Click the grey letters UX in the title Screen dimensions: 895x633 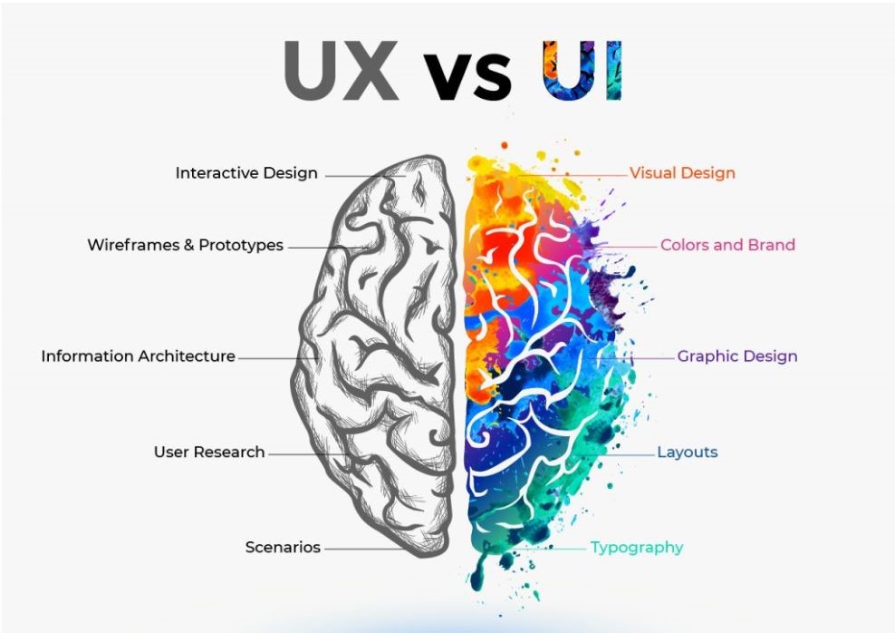tap(341, 71)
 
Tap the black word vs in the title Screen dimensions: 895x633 tap(467, 77)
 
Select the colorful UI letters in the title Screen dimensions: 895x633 tap(582, 71)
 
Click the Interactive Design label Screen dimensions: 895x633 tap(246, 173)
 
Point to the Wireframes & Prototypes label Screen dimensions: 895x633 tap(186, 245)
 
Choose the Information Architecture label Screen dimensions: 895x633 tap(138, 355)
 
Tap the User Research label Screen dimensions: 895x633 tap(209, 452)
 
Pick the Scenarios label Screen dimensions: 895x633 tap(284, 548)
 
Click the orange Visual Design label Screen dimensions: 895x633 tap(683, 173)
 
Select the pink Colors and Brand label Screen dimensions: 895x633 tap(727, 245)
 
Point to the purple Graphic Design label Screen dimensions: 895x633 tap(737, 356)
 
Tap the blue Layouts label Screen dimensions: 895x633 tap(688, 453)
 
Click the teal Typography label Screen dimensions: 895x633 tap(637, 548)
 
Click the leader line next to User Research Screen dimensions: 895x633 tap(309, 454)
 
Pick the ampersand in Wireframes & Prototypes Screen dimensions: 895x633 tap(189, 246)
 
